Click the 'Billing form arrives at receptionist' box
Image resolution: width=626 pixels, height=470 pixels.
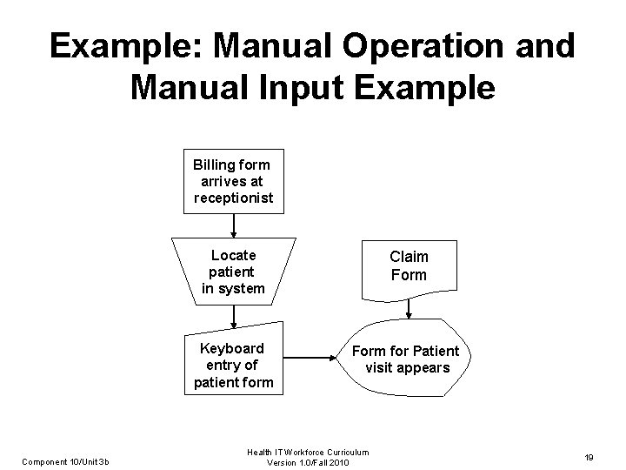(233, 181)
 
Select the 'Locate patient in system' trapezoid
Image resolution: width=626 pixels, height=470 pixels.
(233, 271)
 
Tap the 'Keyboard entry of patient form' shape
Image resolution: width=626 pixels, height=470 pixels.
(233, 365)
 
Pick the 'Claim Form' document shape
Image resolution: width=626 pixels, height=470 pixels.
(408, 266)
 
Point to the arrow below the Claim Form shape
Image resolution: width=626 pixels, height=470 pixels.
(408, 309)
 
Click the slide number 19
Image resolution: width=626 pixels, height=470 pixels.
(589, 456)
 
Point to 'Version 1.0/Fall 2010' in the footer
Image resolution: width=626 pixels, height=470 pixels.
(308, 461)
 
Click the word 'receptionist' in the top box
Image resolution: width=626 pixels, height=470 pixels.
(233, 198)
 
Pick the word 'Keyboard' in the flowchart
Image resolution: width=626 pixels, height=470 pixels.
(232, 348)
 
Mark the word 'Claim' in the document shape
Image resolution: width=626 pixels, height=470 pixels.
(409, 257)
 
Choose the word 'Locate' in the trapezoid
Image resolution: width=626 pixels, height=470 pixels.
(234, 254)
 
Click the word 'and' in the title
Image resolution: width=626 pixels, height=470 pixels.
(545, 45)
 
